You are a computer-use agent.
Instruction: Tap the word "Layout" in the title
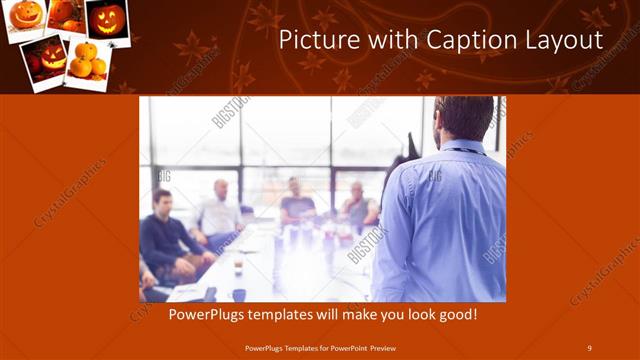(567, 41)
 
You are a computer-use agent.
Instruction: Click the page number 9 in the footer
(589, 347)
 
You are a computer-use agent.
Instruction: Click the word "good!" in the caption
(455, 315)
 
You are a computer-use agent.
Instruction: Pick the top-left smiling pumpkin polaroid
(27, 16)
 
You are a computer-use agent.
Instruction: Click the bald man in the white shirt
(219, 210)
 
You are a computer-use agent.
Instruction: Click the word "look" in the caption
(414, 315)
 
